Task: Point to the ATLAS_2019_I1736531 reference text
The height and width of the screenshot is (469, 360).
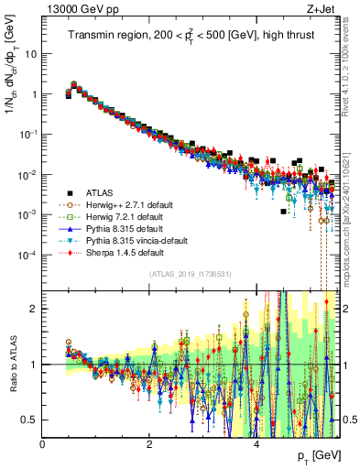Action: pyautogui.click(x=190, y=275)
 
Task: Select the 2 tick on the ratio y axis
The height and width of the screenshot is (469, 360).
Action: pyautogui.click(x=33, y=308)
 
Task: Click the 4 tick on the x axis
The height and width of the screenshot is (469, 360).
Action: pyautogui.click(x=256, y=443)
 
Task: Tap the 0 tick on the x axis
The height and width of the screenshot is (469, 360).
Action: pyautogui.click(x=42, y=443)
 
